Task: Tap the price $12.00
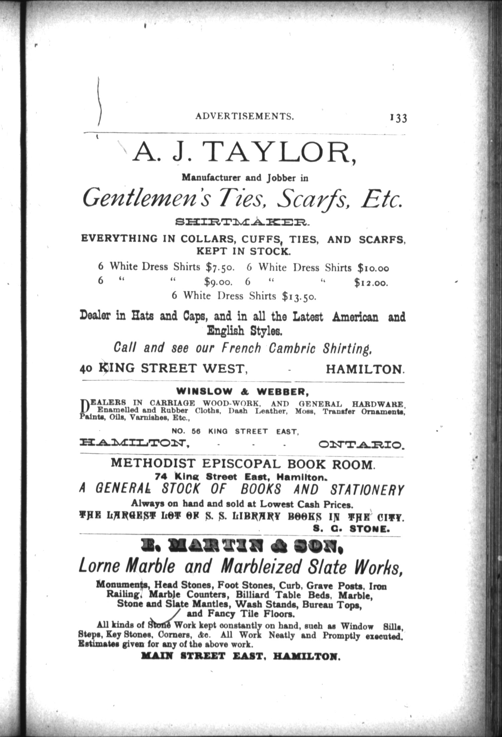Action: (371, 283)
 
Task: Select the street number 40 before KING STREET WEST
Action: (86, 369)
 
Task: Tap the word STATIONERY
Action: (366, 490)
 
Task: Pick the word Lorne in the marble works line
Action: (99, 566)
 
